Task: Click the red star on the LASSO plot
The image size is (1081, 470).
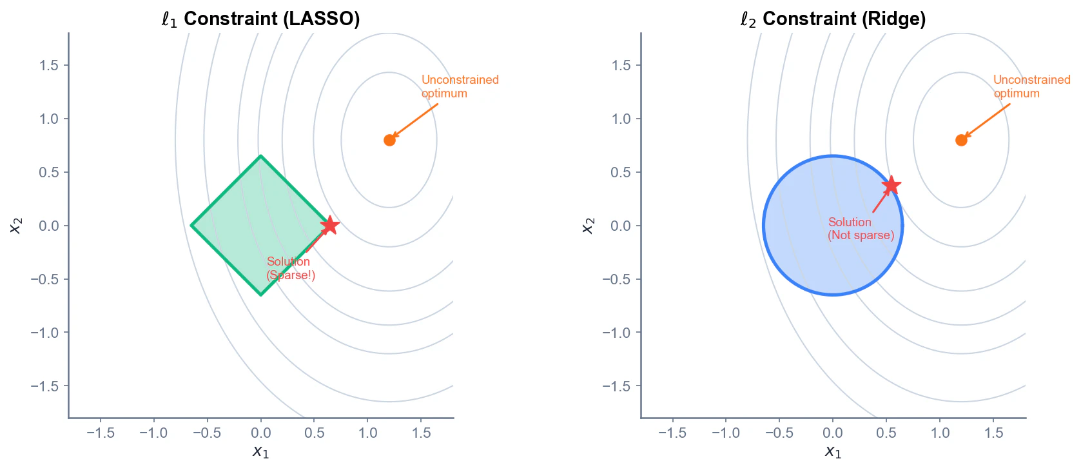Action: [329, 225]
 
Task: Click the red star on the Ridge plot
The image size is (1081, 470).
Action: [891, 186]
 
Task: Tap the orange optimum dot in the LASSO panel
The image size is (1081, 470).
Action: [389, 140]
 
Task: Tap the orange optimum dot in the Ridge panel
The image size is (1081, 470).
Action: [961, 140]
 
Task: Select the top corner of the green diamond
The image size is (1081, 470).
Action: [260, 156]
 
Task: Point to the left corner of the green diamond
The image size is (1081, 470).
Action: [191, 225]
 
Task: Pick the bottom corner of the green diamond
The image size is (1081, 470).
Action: [260, 295]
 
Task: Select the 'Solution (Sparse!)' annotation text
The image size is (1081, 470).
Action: [290, 268]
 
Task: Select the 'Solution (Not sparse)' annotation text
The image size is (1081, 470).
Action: [861, 228]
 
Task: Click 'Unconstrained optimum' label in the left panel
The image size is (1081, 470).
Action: [460, 86]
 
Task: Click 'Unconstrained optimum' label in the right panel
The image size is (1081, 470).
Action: [1031, 86]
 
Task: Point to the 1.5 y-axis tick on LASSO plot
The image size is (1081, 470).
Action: [49, 65]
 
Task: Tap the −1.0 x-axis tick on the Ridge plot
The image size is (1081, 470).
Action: [725, 433]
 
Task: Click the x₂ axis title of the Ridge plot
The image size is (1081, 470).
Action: [587, 225]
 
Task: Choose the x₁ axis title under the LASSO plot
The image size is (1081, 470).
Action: [260, 451]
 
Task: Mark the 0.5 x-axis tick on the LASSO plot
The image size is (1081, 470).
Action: [314, 433]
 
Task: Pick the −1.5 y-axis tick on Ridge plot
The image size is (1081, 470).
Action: [616, 386]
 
